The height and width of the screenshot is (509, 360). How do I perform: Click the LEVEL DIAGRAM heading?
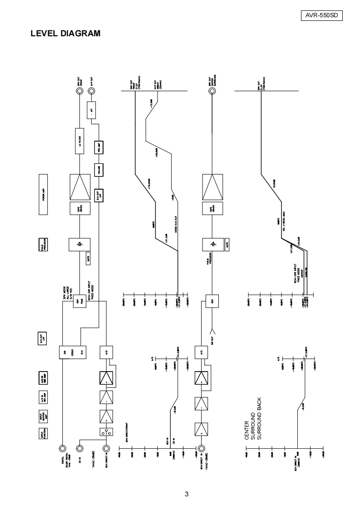(65, 34)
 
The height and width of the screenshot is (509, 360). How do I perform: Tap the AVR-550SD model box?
(321, 15)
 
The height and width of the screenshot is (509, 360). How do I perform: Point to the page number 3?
(187, 494)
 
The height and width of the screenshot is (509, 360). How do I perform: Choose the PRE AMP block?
(98, 147)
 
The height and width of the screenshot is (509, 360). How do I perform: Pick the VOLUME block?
(98, 170)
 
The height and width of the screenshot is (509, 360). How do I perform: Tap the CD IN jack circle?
(79, 448)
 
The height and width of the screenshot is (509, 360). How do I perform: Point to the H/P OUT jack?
(92, 91)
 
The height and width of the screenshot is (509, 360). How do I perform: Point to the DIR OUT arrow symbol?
(212, 330)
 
